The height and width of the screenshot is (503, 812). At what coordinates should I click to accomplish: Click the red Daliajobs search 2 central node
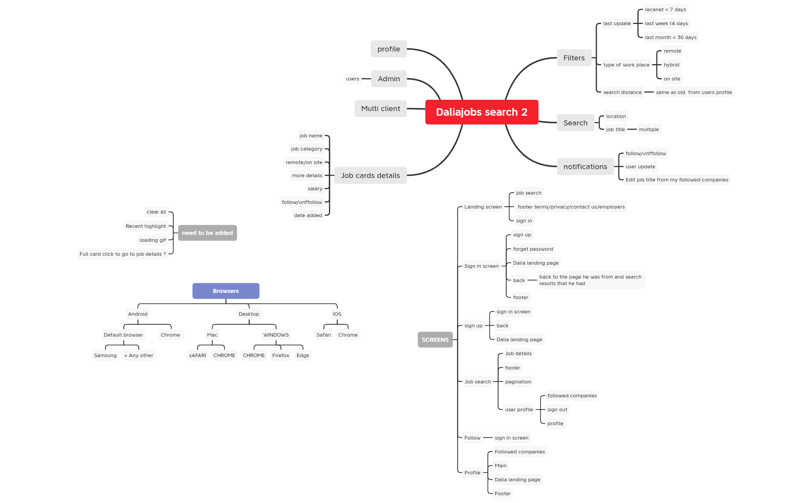pyautogui.click(x=481, y=112)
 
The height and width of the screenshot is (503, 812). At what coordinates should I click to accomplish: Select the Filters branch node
pyautogui.click(x=574, y=58)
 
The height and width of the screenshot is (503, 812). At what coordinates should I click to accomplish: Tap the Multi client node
pyautogui.click(x=380, y=109)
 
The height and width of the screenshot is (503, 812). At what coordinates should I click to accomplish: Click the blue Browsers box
pyautogui.click(x=226, y=291)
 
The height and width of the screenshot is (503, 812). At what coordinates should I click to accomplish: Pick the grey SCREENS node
pyautogui.click(x=435, y=340)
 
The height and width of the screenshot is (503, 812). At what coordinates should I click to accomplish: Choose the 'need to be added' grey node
pyautogui.click(x=207, y=233)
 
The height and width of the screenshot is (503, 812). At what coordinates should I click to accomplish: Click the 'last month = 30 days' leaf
pyautogui.click(x=670, y=38)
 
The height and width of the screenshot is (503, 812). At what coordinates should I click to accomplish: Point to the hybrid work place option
pyautogui.click(x=671, y=65)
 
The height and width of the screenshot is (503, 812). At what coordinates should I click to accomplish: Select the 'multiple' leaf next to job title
pyautogui.click(x=649, y=130)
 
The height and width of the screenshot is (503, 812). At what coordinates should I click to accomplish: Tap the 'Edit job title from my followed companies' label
pyautogui.click(x=677, y=180)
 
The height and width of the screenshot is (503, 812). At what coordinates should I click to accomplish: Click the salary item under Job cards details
pyautogui.click(x=315, y=189)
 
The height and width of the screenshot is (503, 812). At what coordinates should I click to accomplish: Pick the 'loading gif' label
pyautogui.click(x=153, y=240)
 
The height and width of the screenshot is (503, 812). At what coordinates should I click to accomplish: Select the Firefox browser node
pyautogui.click(x=281, y=356)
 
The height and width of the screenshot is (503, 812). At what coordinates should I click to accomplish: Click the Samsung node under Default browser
pyautogui.click(x=105, y=356)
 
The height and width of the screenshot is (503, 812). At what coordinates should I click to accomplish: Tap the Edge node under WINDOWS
pyautogui.click(x=303, y=356)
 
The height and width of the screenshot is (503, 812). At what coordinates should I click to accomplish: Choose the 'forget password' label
pyautogui.click(x=533, y=249)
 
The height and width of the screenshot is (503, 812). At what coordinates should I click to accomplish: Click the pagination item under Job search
pyautogui.click(x=518, y=382)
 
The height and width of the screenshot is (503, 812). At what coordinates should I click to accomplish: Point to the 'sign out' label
pyautogui.click(x=557, y=410)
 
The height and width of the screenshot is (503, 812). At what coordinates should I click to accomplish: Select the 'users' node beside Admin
pyautogui.click(x=353, y=79)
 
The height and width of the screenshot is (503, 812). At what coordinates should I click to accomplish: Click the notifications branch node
pyautogui.click(x=585, y=167)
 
